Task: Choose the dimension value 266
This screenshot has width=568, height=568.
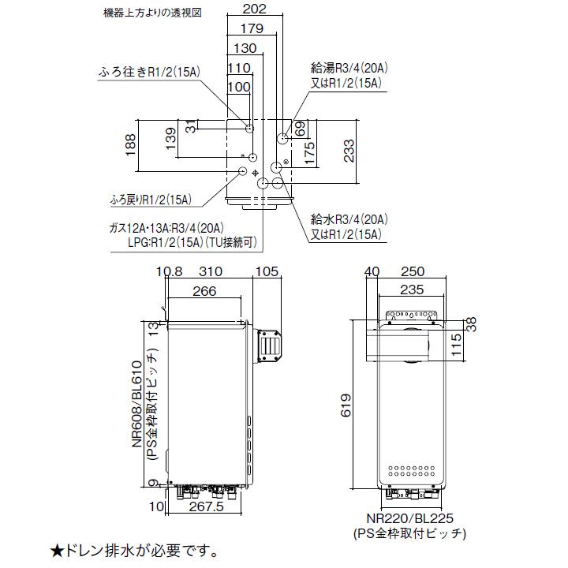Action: click(204, 292)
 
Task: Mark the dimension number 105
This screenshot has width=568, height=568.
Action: click(268, 272)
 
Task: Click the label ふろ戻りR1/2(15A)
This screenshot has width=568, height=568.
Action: click(151, 200)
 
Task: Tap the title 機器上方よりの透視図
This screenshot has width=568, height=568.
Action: click(148, 13)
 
